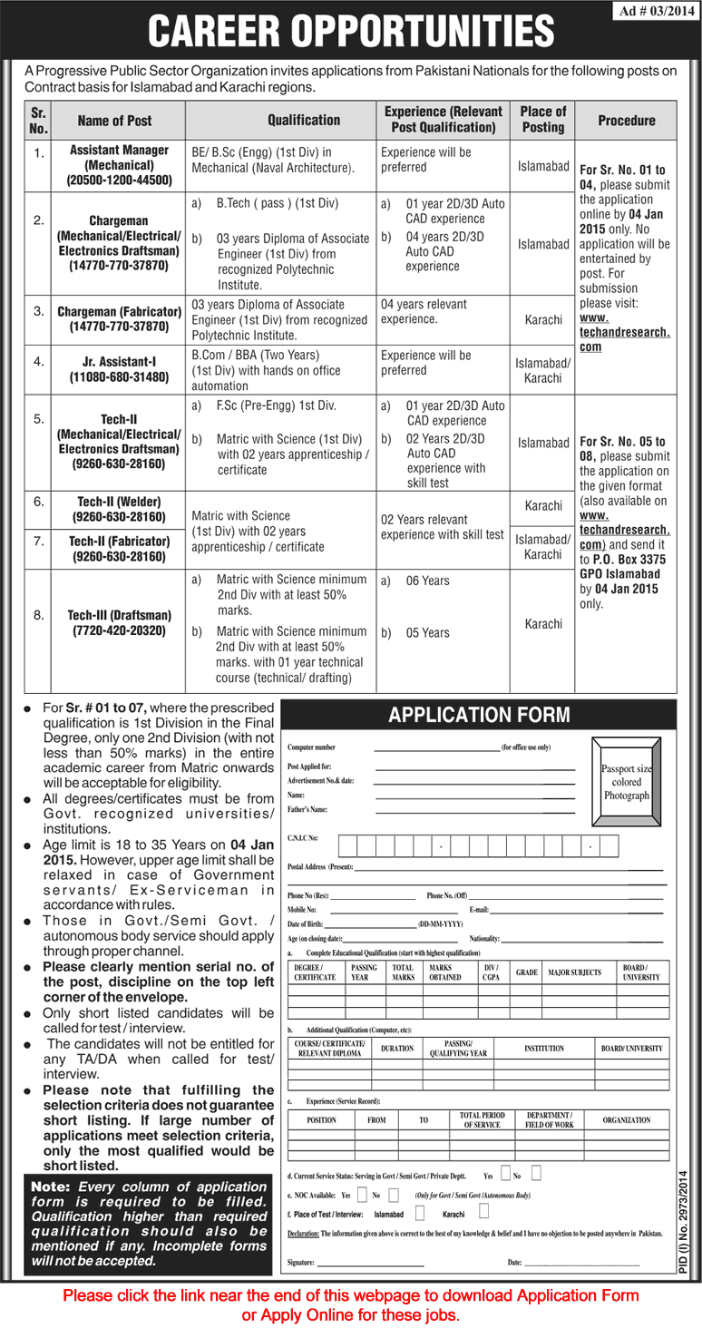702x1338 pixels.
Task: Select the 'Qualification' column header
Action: pos(304,120)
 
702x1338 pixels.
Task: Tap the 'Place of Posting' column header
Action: pos(543,120)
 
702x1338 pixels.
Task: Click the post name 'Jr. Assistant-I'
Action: pos(118,370)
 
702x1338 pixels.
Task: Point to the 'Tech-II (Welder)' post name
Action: pos(118,509)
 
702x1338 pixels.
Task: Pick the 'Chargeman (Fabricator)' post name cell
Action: pos(118,318)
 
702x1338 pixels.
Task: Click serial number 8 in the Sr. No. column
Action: pos(38,616)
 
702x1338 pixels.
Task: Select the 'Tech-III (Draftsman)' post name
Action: pos(118,623)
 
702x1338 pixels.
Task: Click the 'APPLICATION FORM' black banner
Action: pos(479,715)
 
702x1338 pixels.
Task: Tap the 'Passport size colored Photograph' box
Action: pos(626,781)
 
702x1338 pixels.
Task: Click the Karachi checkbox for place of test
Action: pos(483,1211)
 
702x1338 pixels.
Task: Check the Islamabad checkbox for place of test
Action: pos(419,1212)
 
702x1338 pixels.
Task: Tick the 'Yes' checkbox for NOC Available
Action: pos(362,1194)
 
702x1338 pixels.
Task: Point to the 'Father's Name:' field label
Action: pos(307,809)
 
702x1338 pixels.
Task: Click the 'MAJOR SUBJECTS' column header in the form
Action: pos(574,972)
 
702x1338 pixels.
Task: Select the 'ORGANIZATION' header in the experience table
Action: pos(627,1120)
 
